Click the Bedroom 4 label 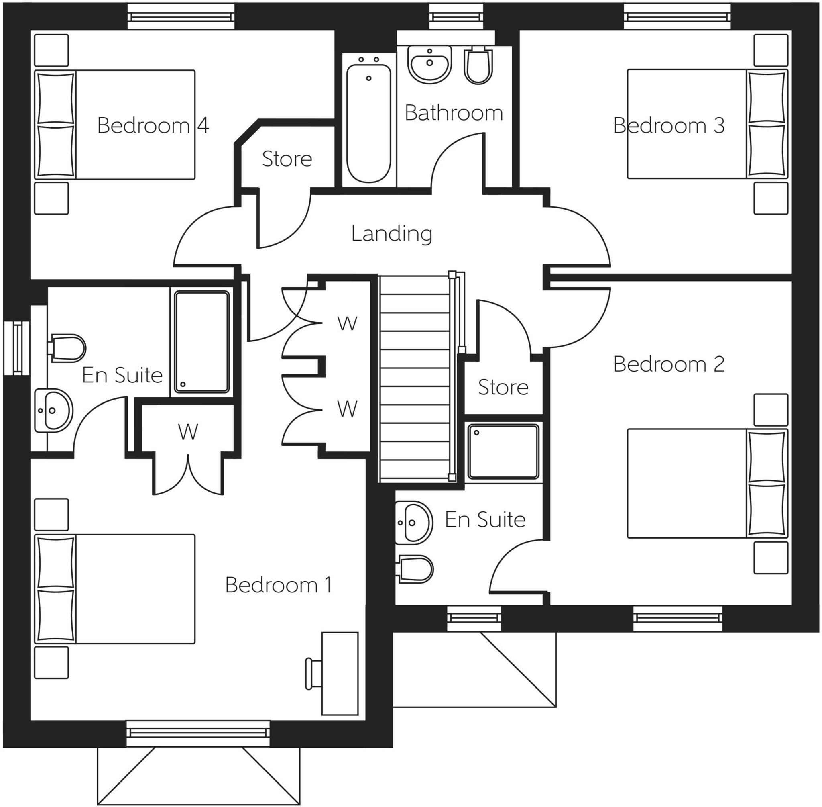click(x=153, y=125)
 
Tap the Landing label click(x=391, y=233)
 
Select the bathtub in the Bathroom click(x=368, y=123)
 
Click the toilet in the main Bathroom click(x=478, y=66)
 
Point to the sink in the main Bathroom click(x=429, y=64)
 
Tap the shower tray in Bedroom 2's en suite click(x=503, y=452)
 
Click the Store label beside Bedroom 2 click(x=503, y=387)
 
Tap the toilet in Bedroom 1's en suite click(x=68, y=348)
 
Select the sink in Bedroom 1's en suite click(x=53, y=411)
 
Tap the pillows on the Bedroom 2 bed click(x=767, y=484)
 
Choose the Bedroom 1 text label click(x=278, y=585)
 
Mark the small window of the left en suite click(x=17, y=348)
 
